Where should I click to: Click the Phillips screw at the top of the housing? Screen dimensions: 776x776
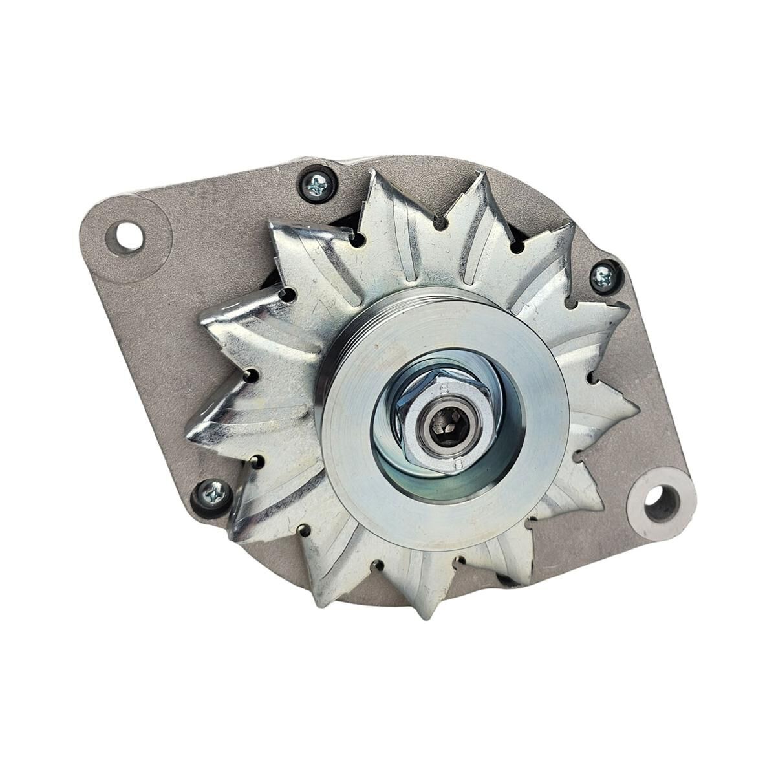316,184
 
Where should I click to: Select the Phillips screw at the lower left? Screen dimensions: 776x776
212,495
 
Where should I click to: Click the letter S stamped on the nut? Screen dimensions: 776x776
444,390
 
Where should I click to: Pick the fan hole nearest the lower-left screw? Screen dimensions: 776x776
257,461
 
